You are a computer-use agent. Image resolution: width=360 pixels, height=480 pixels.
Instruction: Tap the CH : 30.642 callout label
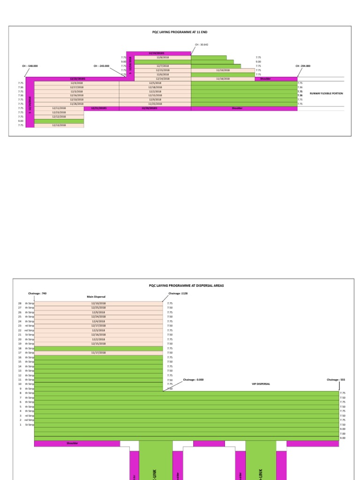[x=202, y=45]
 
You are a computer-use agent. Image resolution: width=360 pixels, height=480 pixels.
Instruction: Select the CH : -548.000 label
[x=30, y=66]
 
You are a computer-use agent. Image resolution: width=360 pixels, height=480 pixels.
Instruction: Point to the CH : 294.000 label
[x=303, y=66]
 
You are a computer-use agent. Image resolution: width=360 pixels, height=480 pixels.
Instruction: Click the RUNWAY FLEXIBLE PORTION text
[x=326, y=93]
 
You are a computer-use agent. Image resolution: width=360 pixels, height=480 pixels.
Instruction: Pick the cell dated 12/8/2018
[x=163, y=57]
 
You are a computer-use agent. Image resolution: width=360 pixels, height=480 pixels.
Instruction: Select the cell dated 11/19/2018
[x=223, y=70]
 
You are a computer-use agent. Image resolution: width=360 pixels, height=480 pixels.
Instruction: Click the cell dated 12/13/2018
[x=59, y=126]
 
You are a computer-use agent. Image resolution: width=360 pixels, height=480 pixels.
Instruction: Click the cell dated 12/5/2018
[x=155, y=83]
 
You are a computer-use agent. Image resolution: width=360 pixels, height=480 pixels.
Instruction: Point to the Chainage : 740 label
[x=37, y=293]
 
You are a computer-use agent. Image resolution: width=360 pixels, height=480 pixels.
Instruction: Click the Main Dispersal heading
[x=97, y=297]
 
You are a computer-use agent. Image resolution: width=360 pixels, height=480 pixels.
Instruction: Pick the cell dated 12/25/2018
[x=98, y=308]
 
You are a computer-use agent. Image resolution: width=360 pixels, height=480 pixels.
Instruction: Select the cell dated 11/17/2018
[x=98, y=352]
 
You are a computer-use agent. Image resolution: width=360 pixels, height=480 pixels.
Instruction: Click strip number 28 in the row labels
[x=20, y=303]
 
